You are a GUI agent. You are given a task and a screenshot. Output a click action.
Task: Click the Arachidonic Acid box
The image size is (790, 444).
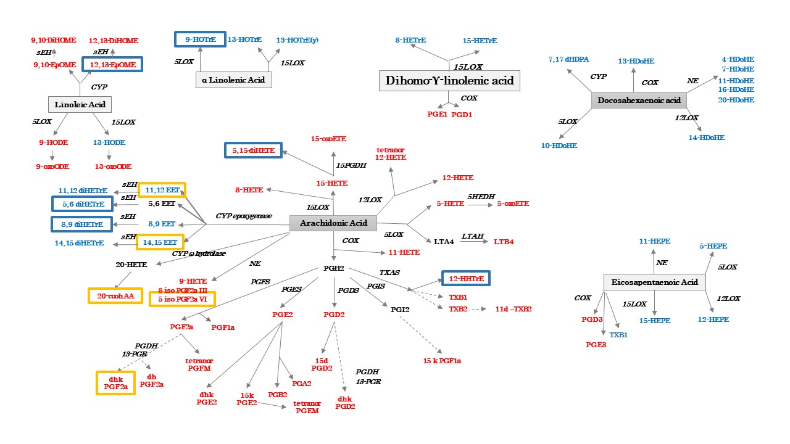tap(333, 223)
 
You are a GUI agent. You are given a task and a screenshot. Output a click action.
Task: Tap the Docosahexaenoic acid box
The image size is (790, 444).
tap(639, 100)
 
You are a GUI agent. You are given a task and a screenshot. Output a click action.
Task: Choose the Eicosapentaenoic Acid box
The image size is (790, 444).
tap(654, 282)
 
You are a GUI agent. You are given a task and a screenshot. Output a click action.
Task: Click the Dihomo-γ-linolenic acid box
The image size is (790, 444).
tap(449, 81)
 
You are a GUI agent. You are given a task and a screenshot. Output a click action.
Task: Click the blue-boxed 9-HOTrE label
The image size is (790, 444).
tap(199, 39)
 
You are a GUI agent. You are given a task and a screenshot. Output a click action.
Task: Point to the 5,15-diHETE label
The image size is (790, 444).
tap(253, 150)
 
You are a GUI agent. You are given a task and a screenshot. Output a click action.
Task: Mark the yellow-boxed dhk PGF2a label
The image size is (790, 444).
tap(115, 382)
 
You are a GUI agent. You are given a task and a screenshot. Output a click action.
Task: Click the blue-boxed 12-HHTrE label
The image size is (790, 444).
tap(465, 279)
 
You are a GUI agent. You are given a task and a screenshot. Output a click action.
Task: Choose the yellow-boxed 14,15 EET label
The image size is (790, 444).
tap(160, 242)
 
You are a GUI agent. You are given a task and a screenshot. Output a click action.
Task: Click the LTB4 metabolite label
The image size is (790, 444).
tap(504, 241)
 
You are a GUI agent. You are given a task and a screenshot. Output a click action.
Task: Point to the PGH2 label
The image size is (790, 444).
tap(333, 268)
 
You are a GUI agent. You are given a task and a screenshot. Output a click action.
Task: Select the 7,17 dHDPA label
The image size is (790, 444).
tap(568, 59)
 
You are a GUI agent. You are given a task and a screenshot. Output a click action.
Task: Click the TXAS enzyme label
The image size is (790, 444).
tap(389, 271)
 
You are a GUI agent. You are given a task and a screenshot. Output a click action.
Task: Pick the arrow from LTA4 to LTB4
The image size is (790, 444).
tap(473, 241)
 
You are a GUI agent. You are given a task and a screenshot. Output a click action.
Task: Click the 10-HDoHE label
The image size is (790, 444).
tap(559, 146)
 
